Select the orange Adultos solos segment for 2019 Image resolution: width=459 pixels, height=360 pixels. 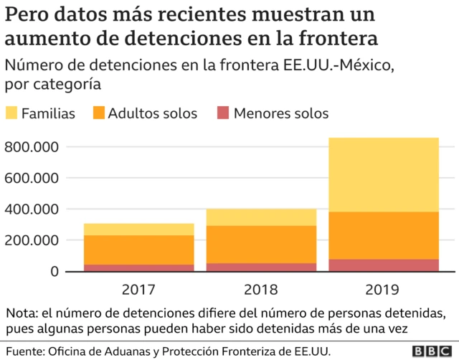pos(384,235)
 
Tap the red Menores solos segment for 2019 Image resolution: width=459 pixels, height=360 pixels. pos(384,265)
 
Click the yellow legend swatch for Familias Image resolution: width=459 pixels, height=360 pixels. pos(11,113)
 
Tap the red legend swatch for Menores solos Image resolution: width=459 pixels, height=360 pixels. pos(223,113)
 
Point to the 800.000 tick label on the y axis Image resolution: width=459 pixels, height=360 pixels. pos(30,147)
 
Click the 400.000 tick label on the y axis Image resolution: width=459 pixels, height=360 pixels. pos(30,209)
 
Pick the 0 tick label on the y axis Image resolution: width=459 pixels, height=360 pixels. pos(54,271)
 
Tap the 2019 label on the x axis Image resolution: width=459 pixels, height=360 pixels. pos(384,290)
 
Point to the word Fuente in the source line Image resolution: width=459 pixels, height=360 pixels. pos(24,351)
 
